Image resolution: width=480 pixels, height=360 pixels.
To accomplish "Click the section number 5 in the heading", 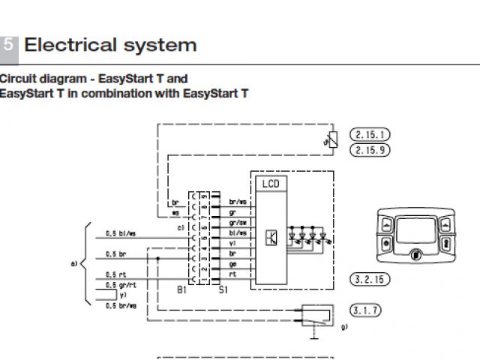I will click(8, 44).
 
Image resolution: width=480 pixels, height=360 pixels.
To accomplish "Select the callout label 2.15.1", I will click(370, 135).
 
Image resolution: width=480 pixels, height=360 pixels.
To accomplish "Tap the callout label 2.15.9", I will click(370, 150).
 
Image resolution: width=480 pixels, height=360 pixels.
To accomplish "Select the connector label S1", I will click(223, 289).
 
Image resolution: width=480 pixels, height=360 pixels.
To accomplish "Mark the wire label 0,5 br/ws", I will click(121, 306).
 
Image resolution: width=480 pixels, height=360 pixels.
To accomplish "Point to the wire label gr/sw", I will click(237, 222).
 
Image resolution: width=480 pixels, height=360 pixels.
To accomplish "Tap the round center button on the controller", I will click(413, 257).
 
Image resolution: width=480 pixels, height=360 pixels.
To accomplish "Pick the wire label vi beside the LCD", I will click(232, 242).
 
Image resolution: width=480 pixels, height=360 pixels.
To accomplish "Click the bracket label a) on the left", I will click(73, 263).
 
